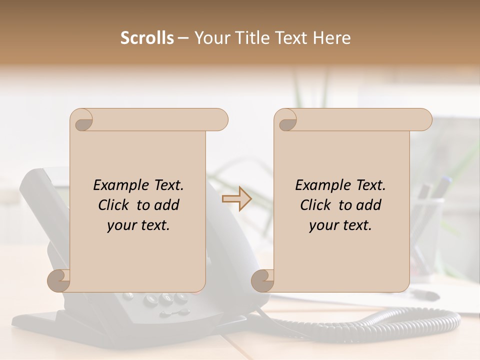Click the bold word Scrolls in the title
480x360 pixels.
[x=147, y=38]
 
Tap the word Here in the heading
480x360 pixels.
[x=331, y=38]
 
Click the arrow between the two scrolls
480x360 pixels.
[x=236, y=199]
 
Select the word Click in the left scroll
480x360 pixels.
[x=115, y=205]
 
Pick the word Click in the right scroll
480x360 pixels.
[x=317, y=205]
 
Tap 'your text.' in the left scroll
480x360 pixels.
[x=138, y=225]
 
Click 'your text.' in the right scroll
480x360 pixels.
[x=340, y=225]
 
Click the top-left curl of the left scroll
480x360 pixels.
[x=82, y=120]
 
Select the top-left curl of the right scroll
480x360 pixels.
[x=286, y=120]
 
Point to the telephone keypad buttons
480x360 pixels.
[x=165, y=302]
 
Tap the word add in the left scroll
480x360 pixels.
[x=167, y=205]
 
